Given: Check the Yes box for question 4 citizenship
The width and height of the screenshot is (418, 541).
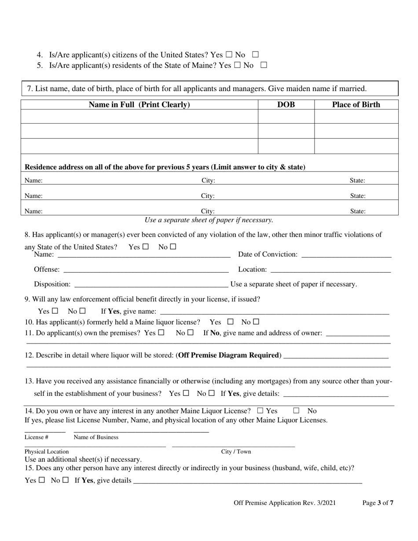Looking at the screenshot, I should pos(229,55).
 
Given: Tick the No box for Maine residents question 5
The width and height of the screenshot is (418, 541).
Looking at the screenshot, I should pos(264,65).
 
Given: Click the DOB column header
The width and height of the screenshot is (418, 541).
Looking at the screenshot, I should pos(286,105).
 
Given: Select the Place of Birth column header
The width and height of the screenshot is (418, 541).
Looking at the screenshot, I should pos(356,105).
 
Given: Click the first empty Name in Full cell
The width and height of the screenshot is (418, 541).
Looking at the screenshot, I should pos(139,117).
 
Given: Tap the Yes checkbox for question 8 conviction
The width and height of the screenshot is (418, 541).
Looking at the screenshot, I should pos(146,247).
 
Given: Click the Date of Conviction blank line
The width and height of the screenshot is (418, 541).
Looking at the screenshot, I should pos(346,255).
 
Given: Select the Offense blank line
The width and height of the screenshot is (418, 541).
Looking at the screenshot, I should pos(146,270).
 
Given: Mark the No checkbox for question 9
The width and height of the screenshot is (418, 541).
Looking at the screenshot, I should pos(83,311).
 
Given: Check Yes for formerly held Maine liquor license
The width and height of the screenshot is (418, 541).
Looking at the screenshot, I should pos(230,322).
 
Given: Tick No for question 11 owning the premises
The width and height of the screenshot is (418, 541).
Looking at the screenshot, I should pos(190,333).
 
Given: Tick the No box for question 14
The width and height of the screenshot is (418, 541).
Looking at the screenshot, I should pos(296,410).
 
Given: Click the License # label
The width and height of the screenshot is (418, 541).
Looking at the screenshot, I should pos(36,437).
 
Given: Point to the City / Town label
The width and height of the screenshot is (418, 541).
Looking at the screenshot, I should pos(236,451).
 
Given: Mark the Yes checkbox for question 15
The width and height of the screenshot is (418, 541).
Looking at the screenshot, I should pos(42,480).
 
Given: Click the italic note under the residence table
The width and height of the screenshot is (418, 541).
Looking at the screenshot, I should pos(209,220).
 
